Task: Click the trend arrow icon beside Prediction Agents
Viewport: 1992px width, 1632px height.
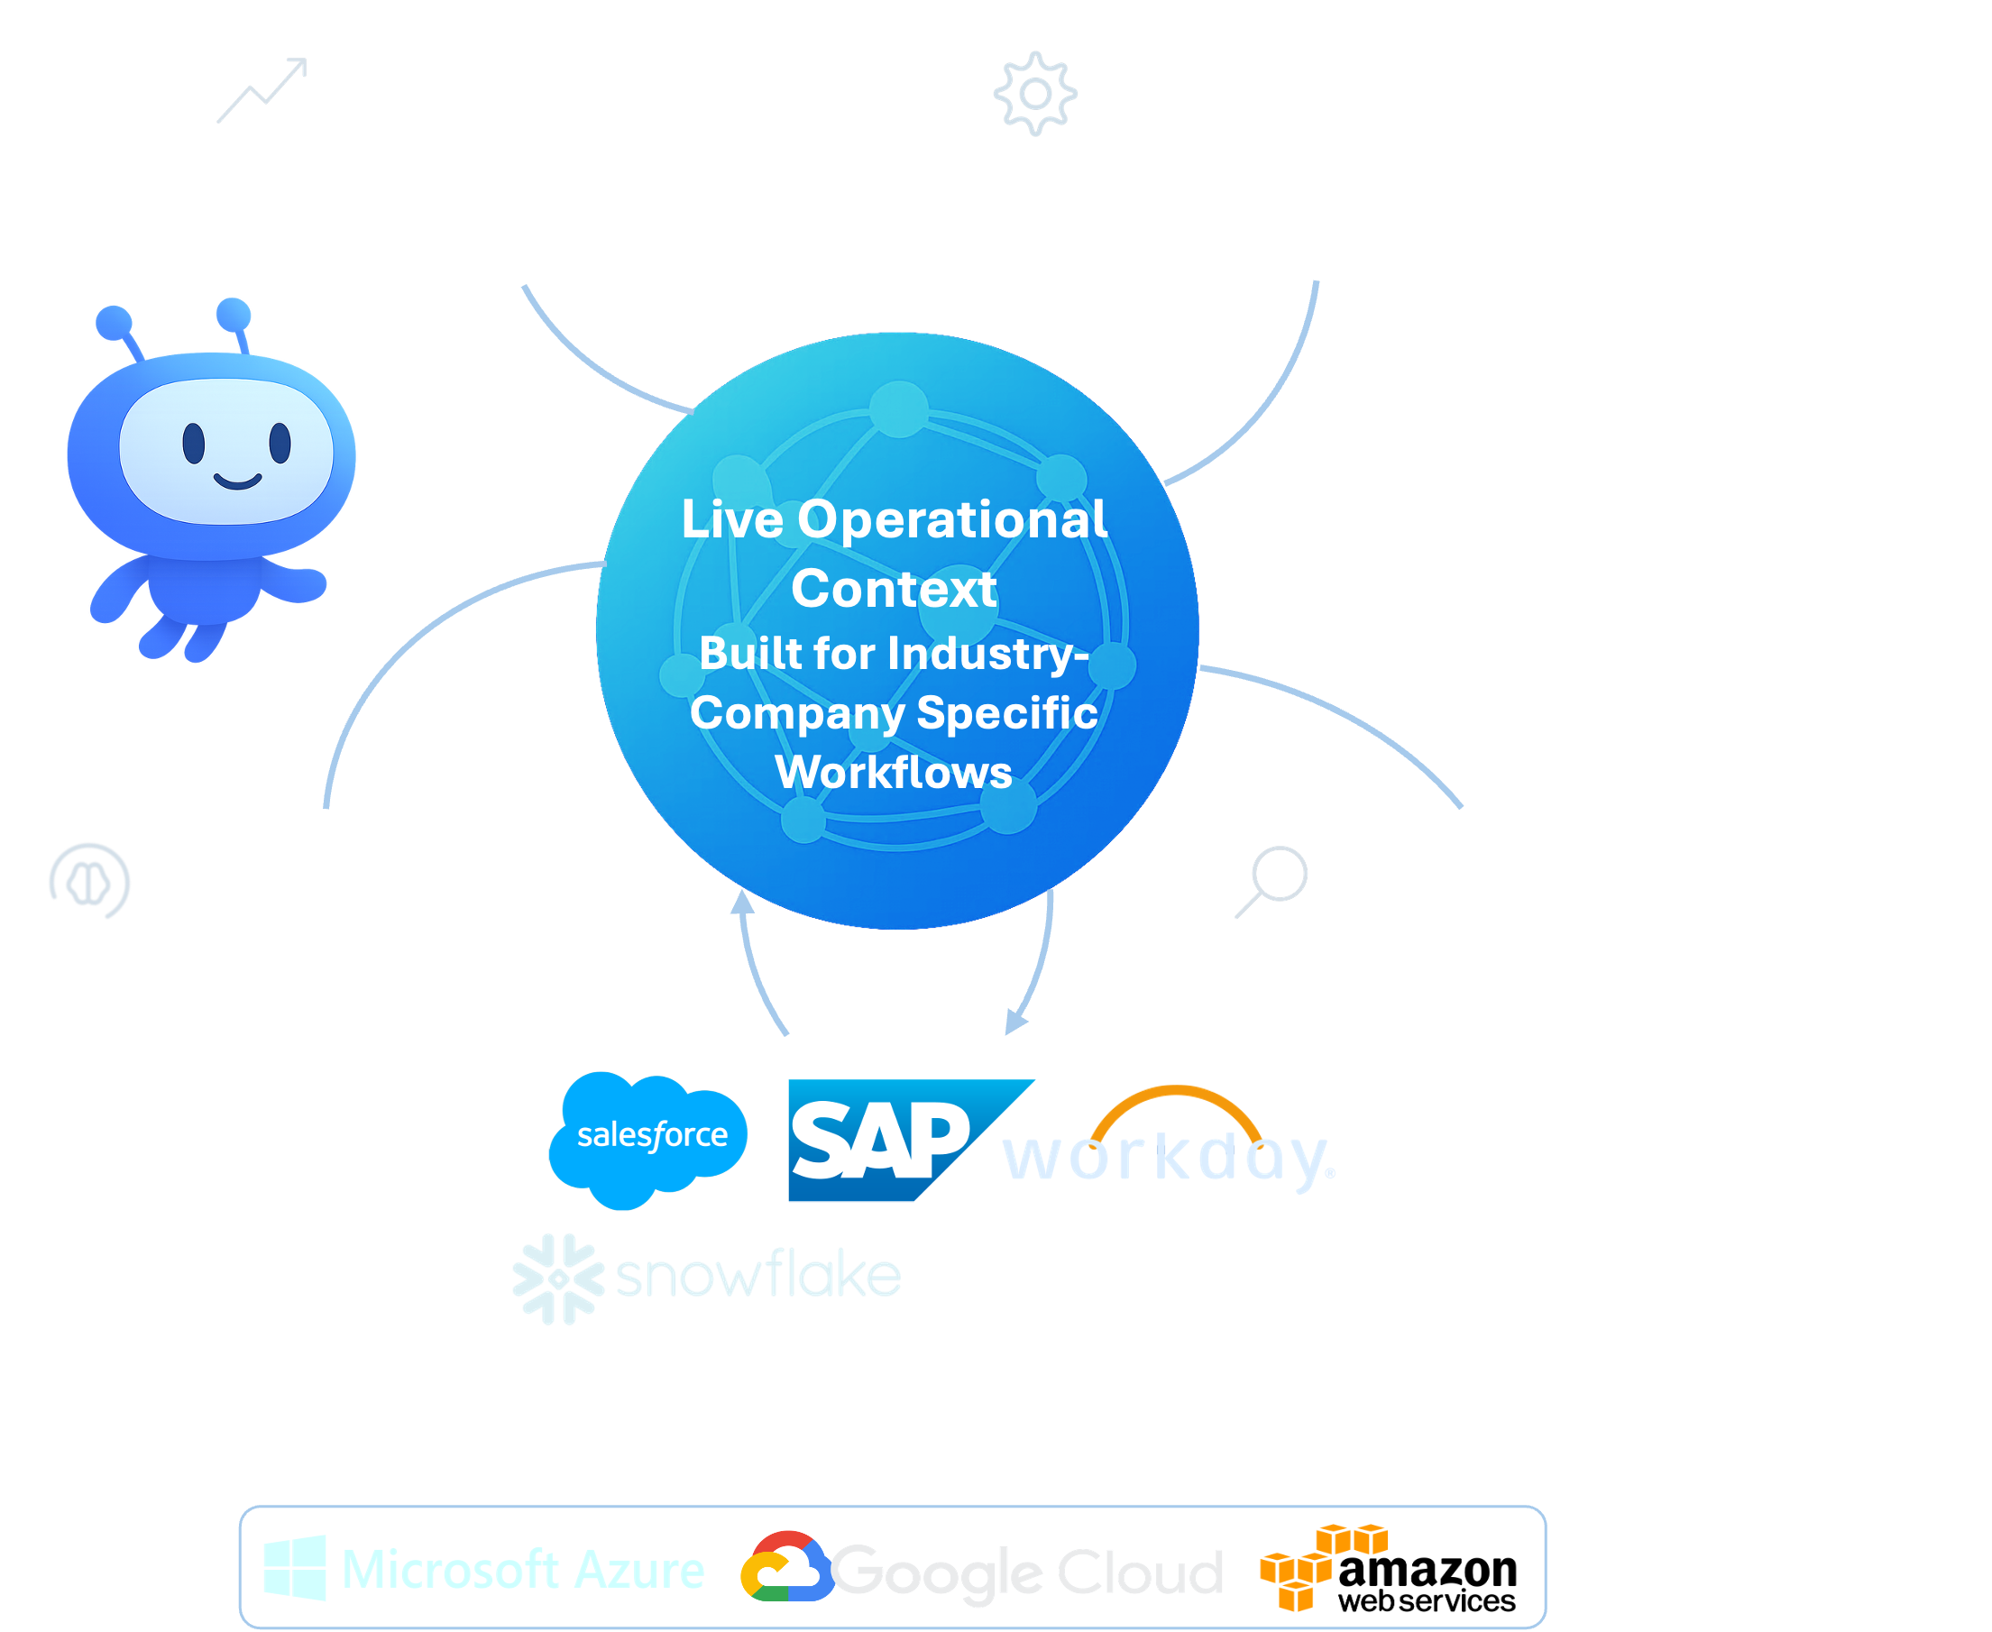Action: (262, 91)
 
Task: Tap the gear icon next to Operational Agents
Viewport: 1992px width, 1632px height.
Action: (1035, 93)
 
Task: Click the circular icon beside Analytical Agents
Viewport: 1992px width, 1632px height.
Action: (90, 881)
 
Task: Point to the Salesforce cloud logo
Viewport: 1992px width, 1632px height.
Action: (649, 1138)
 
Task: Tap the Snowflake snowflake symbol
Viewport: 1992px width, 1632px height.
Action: (558, 1279)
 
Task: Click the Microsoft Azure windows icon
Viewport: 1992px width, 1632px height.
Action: (295, 1567)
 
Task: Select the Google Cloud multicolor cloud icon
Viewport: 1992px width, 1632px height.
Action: (785, 1567)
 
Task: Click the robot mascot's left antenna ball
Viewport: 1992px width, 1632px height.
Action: (115, 322)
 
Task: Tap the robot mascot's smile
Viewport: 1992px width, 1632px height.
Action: (237, 482)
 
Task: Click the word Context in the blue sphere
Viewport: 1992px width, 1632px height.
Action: (893, 590)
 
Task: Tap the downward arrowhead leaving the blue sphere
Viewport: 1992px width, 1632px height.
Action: (1015, 1022)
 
